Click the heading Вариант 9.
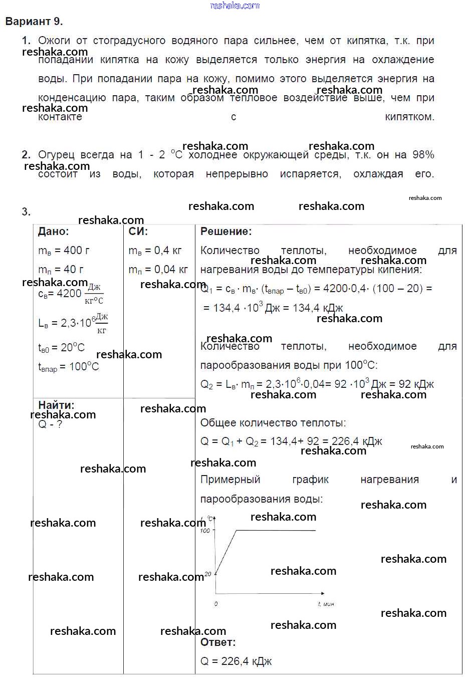pos(34,22)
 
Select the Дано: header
pos(53,232)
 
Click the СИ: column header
pos(138,232)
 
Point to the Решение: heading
pos(226,232)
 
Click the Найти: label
pos(56,405)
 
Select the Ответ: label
pos(218,642)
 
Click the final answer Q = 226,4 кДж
pos(236,661)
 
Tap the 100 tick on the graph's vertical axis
pos(205,531)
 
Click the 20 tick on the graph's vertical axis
pos(208,574)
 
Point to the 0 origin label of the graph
pos(216,604)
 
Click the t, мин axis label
pos(326,604)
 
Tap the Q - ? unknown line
pos(50,424)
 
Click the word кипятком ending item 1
pos(409,117)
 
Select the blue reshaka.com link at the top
pos(234,6)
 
